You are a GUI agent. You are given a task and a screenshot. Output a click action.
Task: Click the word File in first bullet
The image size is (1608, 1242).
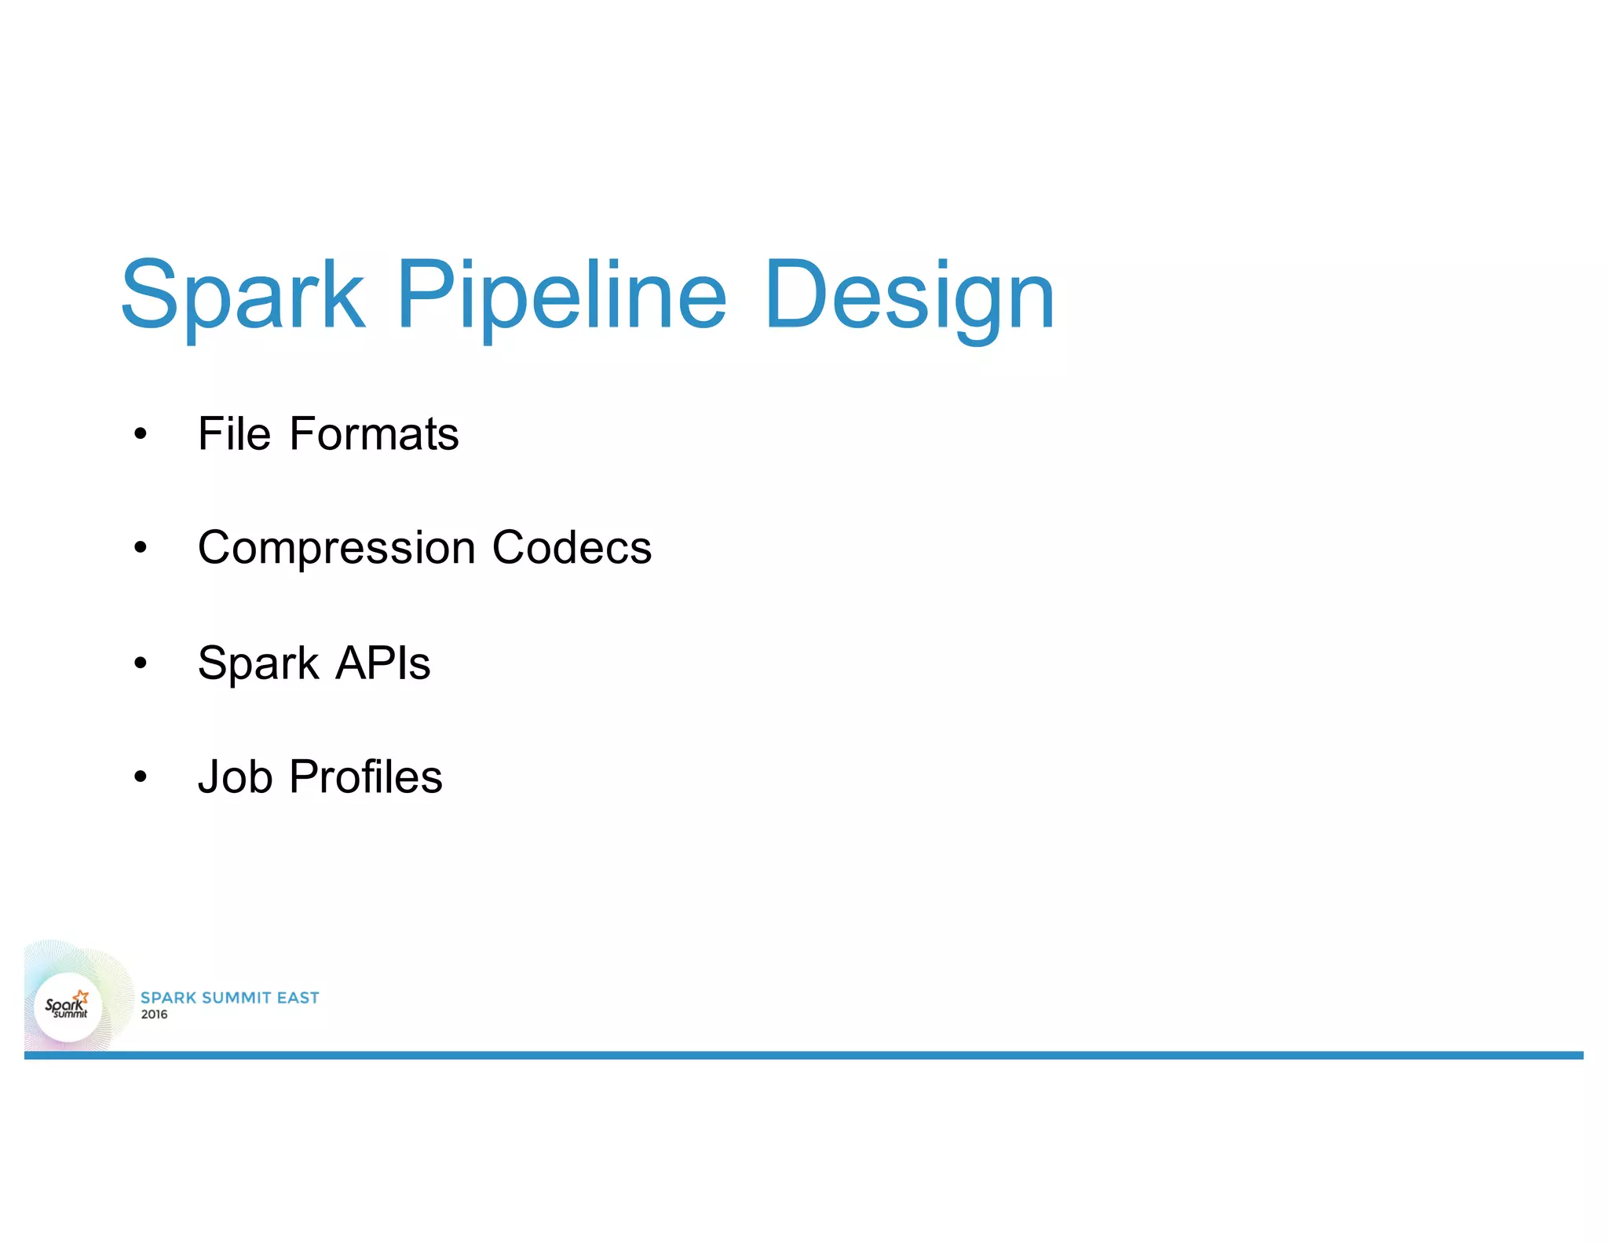point(234,433)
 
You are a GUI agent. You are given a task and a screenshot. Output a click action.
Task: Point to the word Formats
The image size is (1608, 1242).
point(374,433)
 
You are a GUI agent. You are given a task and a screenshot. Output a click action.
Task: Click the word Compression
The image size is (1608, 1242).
point(336,548)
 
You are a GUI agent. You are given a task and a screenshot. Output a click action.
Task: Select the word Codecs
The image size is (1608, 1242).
point(572,547)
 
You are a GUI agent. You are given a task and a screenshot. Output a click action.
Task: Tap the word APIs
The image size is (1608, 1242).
point(383,663)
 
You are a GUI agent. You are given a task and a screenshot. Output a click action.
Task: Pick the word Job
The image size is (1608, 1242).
point(235,777)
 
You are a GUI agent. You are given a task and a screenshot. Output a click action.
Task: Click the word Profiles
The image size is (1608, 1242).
point(366,777)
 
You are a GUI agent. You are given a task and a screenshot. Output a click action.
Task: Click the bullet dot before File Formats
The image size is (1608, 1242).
point(141,434)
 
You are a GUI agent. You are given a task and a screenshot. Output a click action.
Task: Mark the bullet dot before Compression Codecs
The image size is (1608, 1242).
point(141,548)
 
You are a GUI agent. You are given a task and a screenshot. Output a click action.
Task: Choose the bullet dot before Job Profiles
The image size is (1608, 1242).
point(141,777)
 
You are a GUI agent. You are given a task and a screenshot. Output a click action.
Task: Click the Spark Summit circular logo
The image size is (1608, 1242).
point(68,1007)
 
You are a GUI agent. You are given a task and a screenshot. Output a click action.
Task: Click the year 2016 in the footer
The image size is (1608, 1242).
point(154,1014)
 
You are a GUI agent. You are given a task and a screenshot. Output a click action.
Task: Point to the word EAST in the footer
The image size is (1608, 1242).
point(298,998)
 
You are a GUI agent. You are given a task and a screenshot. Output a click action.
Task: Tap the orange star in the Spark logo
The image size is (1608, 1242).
point(82,996)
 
